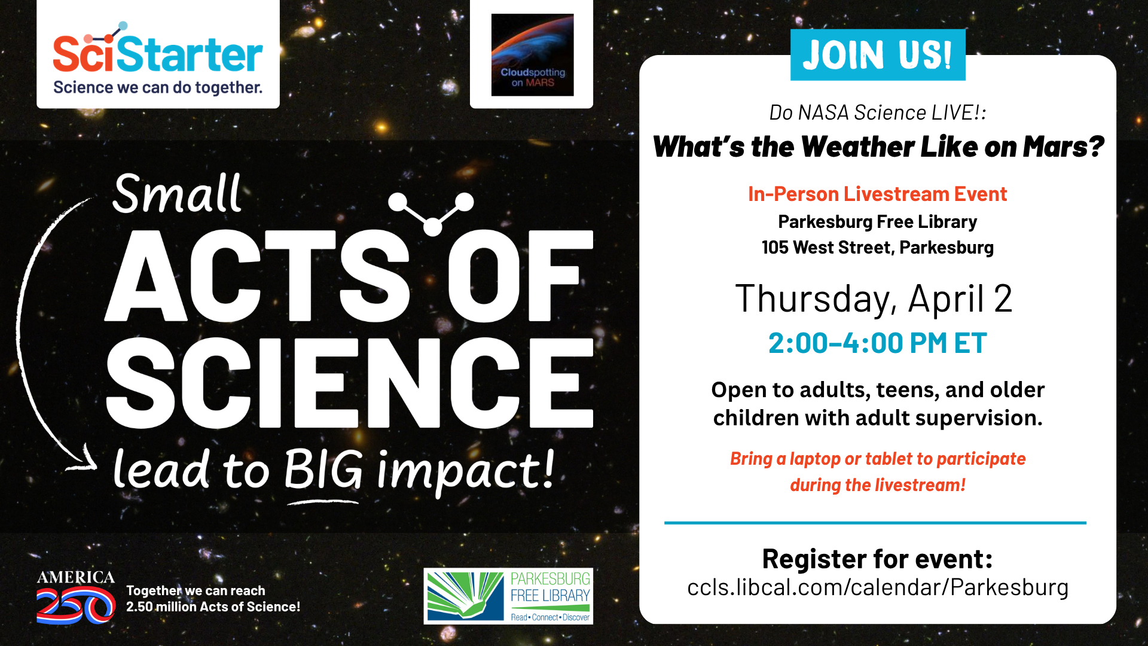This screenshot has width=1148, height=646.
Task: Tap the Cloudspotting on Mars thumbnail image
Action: tap(532, 54)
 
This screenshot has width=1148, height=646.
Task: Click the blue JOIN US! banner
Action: tap(878, 55)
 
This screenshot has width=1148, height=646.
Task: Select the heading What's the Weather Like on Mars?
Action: tap(878, 147)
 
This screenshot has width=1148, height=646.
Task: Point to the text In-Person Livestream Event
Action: tap(878, 194)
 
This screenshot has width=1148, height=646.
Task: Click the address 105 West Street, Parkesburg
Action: tap(878, 247)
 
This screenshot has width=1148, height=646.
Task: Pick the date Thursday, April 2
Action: tap(874, 299)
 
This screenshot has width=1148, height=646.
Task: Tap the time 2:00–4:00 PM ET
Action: tap(877, 343)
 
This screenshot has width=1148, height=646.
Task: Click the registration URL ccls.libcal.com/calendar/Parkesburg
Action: tap(878, 587)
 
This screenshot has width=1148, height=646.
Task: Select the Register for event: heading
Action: tap(878, 559)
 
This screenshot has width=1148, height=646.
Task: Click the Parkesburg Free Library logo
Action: tap(508, 596)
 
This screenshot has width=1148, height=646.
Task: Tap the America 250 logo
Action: tap(76, 597)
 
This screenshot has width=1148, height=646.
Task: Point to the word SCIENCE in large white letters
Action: tap(350, 383)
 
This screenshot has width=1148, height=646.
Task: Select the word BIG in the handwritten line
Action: tap(323, 470)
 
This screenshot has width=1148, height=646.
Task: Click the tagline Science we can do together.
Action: tap(158, 88)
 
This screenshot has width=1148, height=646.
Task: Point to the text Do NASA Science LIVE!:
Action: tap(878, 112)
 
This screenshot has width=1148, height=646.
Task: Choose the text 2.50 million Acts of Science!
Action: tap(213, 607)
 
